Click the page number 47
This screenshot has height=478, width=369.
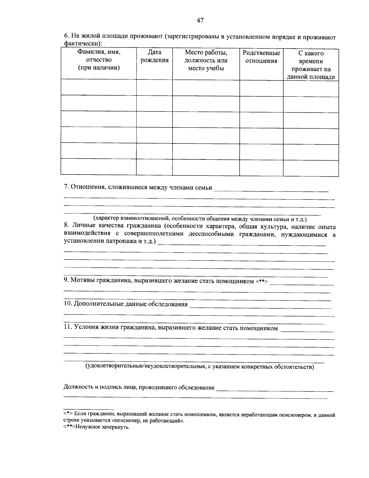200,21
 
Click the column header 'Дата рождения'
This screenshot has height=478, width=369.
154,56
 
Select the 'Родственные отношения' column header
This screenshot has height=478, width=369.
261,57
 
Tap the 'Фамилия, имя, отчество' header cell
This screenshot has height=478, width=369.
99,60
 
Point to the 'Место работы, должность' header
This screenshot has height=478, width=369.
206,60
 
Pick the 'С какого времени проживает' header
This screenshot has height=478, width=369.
311,65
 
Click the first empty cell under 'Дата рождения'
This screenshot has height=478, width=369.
154,87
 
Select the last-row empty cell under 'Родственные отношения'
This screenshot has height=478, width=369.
261,167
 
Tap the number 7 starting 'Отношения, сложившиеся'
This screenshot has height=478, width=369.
65,187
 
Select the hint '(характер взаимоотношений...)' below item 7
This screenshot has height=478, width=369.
200,219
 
